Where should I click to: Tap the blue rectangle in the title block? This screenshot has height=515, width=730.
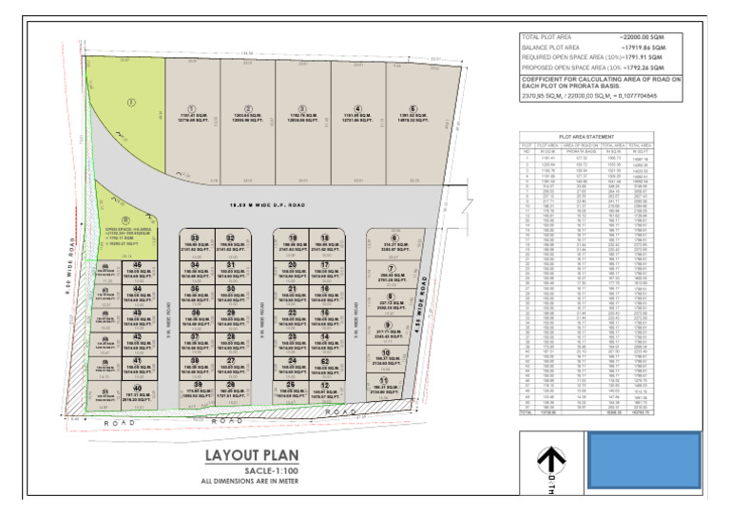(x=645, y=463)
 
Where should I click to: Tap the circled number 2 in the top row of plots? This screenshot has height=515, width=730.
(x=248, y=108)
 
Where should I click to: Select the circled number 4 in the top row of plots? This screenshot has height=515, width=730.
(x=358, y=108)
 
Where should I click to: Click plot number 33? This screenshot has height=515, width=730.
(x=195, y=237)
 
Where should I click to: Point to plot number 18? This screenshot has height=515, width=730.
(x=325, y=237)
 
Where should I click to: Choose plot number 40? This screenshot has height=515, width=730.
(x=138, y=388)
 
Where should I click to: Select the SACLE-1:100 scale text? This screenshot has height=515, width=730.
(x=243, y=471)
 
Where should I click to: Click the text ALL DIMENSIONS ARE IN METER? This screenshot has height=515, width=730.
(x=244, y=482)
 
